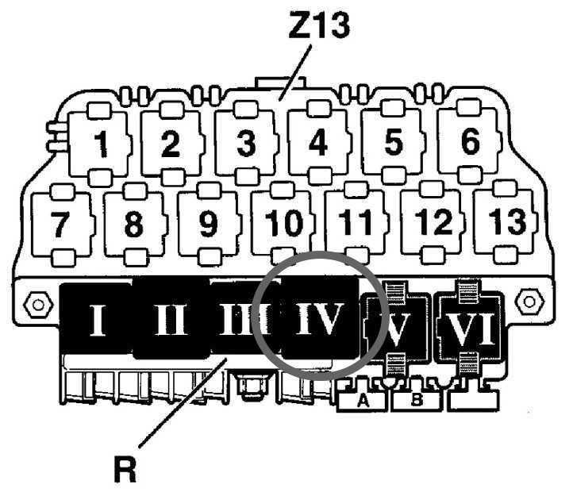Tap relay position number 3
coord(246,144)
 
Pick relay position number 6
coord(470,143)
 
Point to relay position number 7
coord(60,225)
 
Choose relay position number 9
coord(207,225)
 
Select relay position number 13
coord(506,223)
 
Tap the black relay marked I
coord(97,321)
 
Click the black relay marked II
coord(170,321)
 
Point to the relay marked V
coord(394,325)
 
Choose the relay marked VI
coord(471,325)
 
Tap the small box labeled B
coord(417,402)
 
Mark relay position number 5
coord(394,144)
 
